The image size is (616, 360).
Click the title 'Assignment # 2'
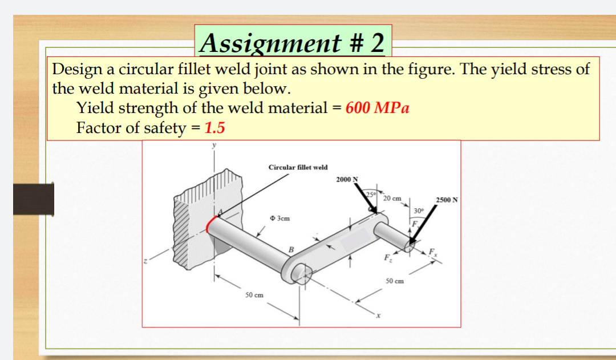click(293, 42)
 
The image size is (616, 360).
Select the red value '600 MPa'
click(377, 108)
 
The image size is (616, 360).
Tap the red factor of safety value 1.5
click(214, 128)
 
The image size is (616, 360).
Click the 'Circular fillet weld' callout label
click(298, 167)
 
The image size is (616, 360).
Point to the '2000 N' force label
click(347, 180)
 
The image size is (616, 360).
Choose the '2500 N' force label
click(447, 200)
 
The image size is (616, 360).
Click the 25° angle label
click(371, 195)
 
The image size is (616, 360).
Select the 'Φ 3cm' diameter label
click(279, 219)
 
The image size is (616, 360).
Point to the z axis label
click(147, 262)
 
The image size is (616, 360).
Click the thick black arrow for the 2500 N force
click(424, 226)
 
